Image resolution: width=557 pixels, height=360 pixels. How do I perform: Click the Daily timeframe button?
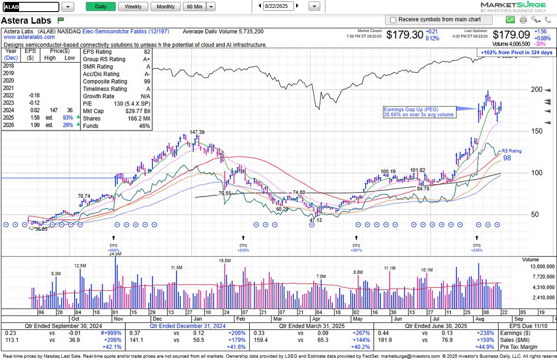(x=100, y=6)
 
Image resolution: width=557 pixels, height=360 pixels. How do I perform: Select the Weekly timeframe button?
(x=133, y=6)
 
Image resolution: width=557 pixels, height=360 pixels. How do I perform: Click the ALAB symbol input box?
(x=31, y=7)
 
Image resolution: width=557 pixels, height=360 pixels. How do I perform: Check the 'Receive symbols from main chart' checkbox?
(x=393, y=20)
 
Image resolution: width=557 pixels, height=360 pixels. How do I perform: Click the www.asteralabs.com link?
(x=26, y=38)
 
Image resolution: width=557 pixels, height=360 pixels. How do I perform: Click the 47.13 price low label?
(x=315, y=220)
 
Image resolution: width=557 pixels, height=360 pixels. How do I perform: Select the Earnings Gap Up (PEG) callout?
(x=419, y=111)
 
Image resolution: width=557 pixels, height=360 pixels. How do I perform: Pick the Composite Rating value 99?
(x=147, y=81)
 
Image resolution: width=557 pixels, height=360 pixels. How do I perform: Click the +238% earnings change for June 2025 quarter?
(x=482, y=333)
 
